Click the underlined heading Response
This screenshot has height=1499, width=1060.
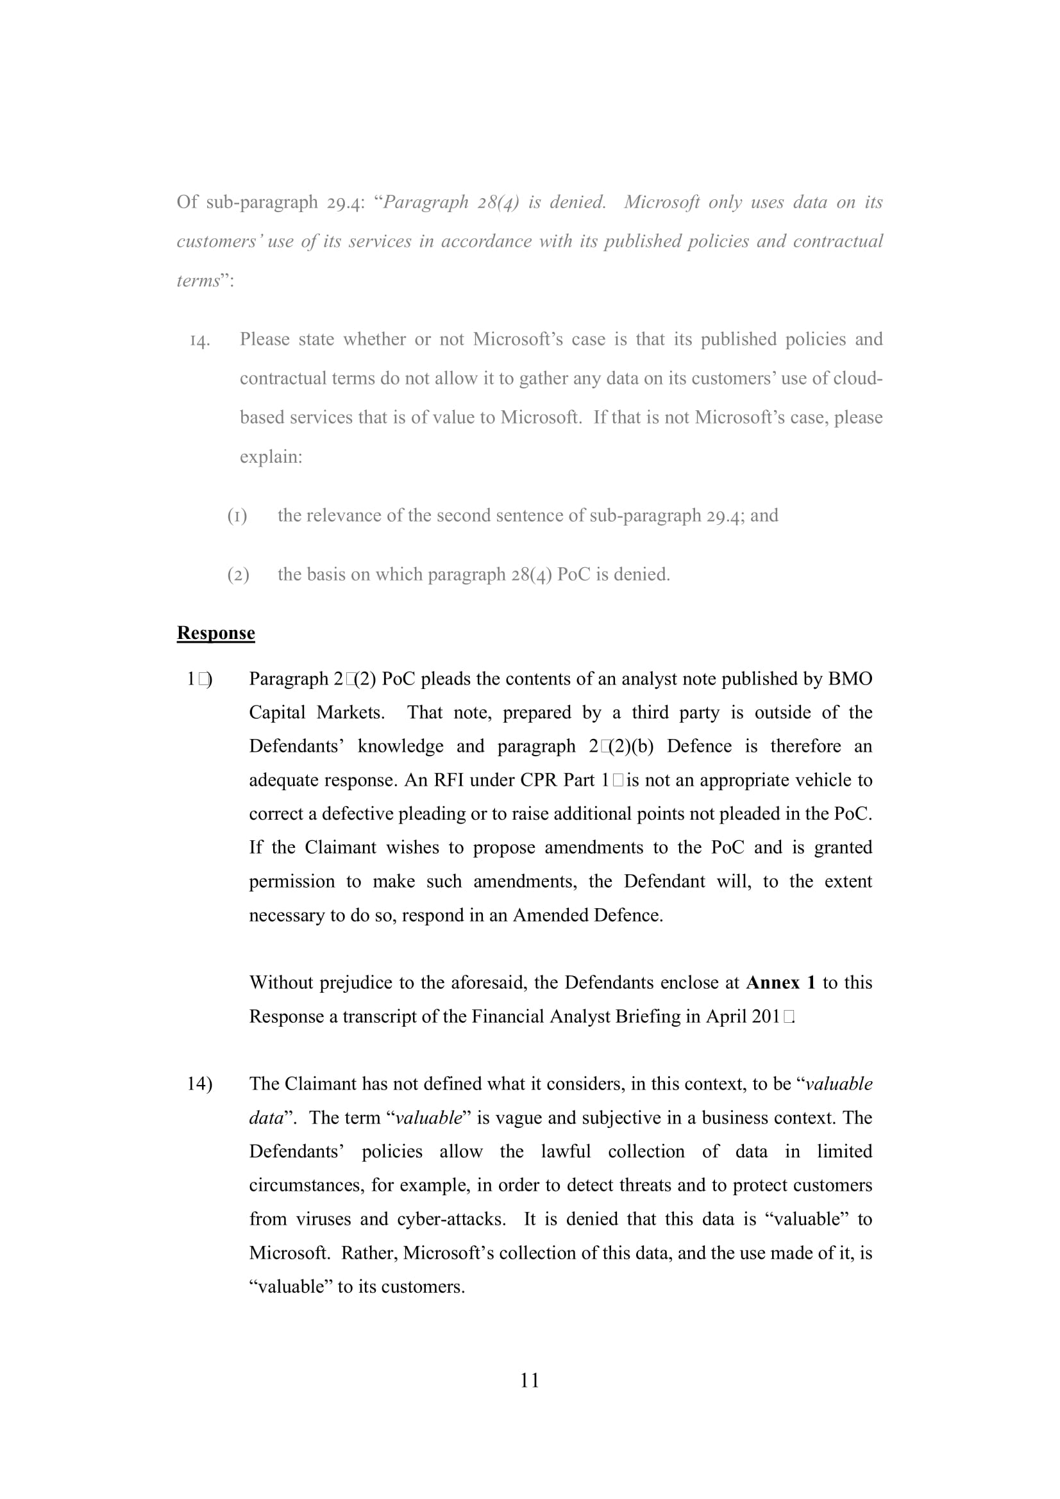[x=215, y=633]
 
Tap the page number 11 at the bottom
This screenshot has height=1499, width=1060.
[x=530, y=1380]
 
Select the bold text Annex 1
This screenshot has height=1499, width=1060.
[x=780, y=982]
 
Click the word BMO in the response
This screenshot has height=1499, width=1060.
[x=850, y=679]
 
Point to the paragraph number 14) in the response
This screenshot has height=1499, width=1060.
[x=199, y=1084]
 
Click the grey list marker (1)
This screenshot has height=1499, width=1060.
[x=237, y=516]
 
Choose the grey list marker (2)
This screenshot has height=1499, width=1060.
[x=238, y=574]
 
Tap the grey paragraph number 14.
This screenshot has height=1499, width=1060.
[x=200, y=340]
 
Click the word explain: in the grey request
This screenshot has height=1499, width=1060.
[x=271, y=456]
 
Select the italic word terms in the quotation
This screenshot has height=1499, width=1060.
[x=199, y=281]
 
